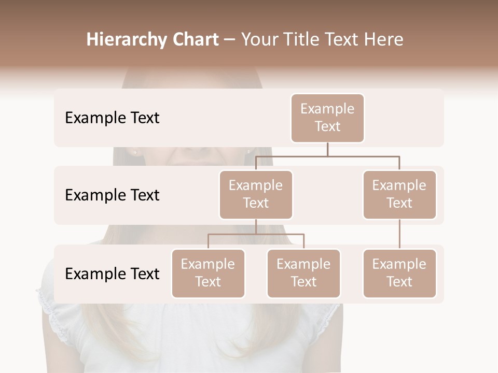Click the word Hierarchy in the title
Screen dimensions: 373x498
click(x=127, y=39)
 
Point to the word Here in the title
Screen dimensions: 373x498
click(x=384, y=39)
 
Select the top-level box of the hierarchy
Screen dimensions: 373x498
click(x=327, y=118)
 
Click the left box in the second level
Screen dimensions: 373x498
click(x=256, y=194)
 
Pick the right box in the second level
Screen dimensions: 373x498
click(x=399, y=194)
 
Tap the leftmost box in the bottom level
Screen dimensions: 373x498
click(x=208, y=273)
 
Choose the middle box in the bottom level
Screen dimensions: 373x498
click(x=303, y=273)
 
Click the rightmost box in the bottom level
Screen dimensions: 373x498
click(x=399, y=273)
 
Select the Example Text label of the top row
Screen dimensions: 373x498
click(x=112, y=118)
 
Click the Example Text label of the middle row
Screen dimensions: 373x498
click(x=112, y=195)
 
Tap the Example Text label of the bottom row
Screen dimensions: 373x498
click(x=112, y=274)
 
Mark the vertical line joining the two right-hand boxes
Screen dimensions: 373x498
click(x=399, y=234)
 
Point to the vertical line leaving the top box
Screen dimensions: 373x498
click(x=327, y=149)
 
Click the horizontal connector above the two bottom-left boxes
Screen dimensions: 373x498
click(x=256, y=234)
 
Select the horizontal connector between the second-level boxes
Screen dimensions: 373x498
click(x=327, y=156)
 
